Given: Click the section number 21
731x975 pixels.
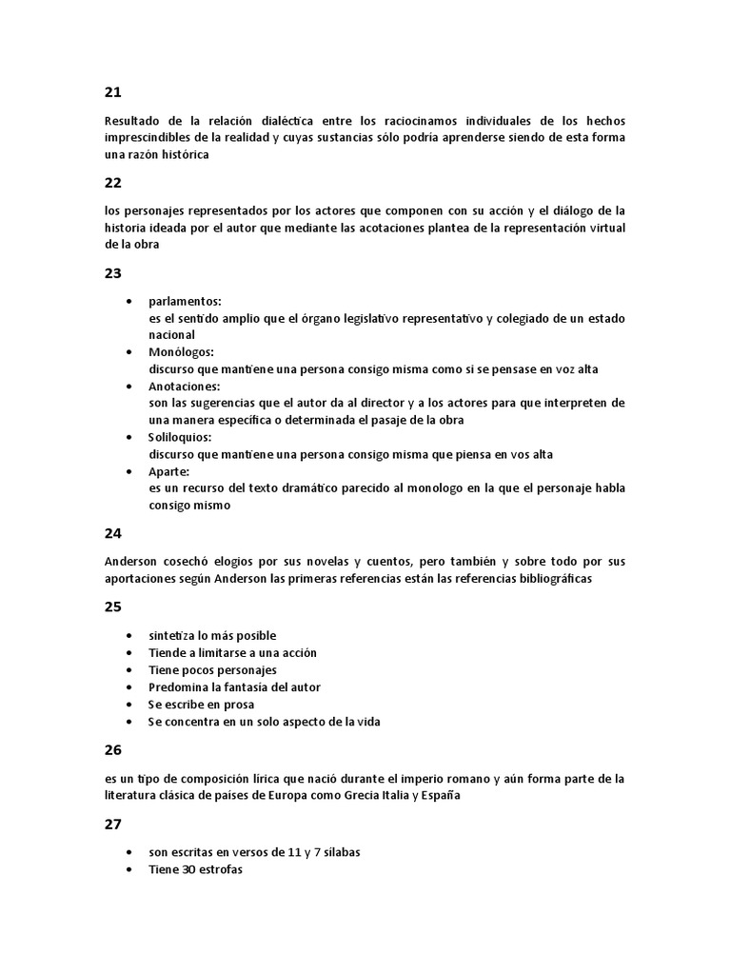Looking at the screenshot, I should tap(113, 92).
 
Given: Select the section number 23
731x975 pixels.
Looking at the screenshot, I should tap(113, 272).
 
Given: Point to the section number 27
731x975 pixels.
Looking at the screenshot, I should tap(113, 825).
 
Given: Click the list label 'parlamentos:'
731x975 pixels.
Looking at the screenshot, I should tap(185, 301).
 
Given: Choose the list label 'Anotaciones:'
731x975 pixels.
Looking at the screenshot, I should tap(185, 387).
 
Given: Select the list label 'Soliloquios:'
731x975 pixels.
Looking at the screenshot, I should tap(180, 437).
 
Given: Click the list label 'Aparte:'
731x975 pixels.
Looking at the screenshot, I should tap(169, 471).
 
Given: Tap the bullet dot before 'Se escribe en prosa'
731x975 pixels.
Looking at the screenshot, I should tap(129, 705).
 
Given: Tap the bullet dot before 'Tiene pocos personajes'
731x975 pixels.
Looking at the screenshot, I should tap(129, 670).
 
